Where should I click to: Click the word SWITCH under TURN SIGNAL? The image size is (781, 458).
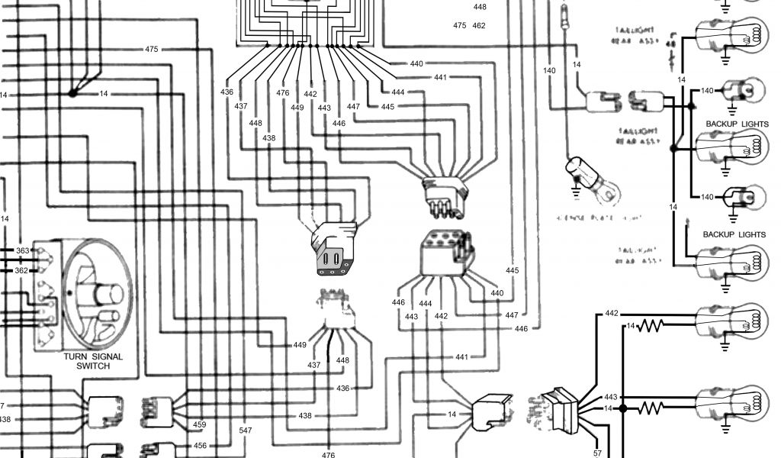(92, 366)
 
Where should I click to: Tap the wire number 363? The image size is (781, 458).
(22, 250)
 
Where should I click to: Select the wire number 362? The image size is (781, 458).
(22, 270)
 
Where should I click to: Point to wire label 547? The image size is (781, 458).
(245, 431)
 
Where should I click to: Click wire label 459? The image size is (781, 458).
(200, 425)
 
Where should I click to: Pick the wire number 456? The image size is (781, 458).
(200, 446)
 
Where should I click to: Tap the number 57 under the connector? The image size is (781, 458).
(597, 453)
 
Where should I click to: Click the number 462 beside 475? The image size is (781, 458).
(479, 26)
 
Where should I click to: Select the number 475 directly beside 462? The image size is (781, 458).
(459, 26)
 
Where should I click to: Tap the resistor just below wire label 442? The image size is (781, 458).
(653, 326)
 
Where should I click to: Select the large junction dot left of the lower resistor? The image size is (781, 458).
(623, 408)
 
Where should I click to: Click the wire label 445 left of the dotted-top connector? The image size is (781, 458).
(512, 271)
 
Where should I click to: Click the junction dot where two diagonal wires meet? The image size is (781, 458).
(72, 93)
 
